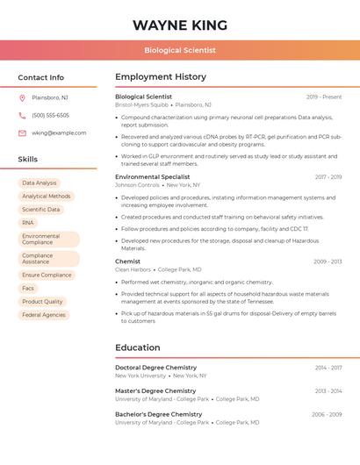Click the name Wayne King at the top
pyautogui.click(x=180, y=25)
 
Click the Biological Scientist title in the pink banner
pyautogui.click(x=180, y=50)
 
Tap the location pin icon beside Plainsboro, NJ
pyautogui.click(x=22, y=97)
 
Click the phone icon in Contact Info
pyautogui.click(x=22, y=115)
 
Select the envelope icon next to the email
pyautogui.click(x=22, y=133)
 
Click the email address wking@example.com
pyautogui.click(x=59, y=133)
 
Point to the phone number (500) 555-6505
pyautogui.click(x=50, y=115)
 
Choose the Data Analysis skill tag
pyautogui.click(x=40, y=183)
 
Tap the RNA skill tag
pyautogui.click(x=28, y=223)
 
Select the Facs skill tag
pyautogui.click(x=28, y=288)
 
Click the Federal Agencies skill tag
pyautogui.click(x=44, y=314)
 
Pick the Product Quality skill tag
pyautogui.click(x=42, y=301)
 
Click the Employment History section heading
pyautogui.click(x=161, y=77)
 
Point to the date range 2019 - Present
pyautogui.click(x=324, y=97)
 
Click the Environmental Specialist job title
pyautogui.click(x=152, y=176)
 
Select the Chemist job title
pyautogui.click(x=127, y=261)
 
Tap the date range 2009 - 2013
pyautogui.click(x=328, y=261)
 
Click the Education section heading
pyautogui.click(x=137, y=347)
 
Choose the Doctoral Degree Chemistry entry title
pyautogui.click(x=155, y=368)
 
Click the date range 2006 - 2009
pyautogui.click(x=327, y=414)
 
